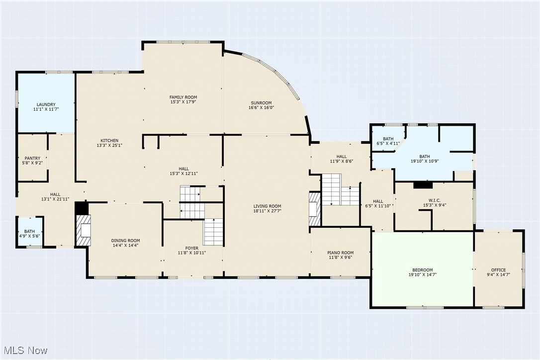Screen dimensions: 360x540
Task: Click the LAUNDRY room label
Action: tap(45, 104)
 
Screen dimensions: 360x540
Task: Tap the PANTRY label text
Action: tap(33, 158)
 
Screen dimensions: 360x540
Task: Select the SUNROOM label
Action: tap(261, 103)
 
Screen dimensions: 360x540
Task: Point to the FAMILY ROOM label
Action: tap(183, 97)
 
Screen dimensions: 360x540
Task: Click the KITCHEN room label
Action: tap(109, 141)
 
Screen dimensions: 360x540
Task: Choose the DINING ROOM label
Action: tap(125, 241)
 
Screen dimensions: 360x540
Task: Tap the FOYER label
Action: tap(191, 248)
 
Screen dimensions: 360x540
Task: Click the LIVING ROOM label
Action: tap(267, 206)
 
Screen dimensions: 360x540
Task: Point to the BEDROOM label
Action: tap(422, 270)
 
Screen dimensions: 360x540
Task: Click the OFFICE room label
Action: tap(498, 270)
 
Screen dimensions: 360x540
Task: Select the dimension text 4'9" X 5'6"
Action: tap(30, 236)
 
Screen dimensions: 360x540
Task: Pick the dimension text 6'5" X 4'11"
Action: tap(388, 144)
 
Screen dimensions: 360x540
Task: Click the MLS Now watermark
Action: tap(24, 351)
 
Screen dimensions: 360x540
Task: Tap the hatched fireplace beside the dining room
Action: tap(83, 230)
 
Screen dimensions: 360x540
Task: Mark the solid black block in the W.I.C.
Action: tap(423, 185)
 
